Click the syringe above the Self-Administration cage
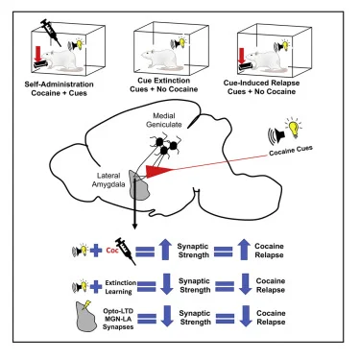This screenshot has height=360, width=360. point(51,32)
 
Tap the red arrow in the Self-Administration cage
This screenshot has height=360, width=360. point(38,54)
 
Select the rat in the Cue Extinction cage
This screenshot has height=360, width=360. point(157,60)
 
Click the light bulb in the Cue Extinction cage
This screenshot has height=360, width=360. point(182,42)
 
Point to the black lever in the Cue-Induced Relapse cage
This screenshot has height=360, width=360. point(246,66)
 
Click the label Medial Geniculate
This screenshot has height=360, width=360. point(164,120)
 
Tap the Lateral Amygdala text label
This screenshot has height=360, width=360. point(108,180)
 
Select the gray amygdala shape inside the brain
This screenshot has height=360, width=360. point(140,184)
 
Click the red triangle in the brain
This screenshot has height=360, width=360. point(157,171)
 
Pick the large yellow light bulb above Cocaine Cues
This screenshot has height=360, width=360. point(295,128)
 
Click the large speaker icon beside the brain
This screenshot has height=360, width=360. point(276,136)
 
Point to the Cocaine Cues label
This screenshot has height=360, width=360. point(291,151)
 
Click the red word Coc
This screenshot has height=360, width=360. point(112,251)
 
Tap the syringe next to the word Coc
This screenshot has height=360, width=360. point(126,251)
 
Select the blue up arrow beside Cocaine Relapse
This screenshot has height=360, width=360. point(244,250)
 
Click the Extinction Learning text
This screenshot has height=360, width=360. point(121,287)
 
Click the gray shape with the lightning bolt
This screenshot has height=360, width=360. point(86,316)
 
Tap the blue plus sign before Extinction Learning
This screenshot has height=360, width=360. point(96,286)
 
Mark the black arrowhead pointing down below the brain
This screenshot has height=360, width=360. point(134,226)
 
